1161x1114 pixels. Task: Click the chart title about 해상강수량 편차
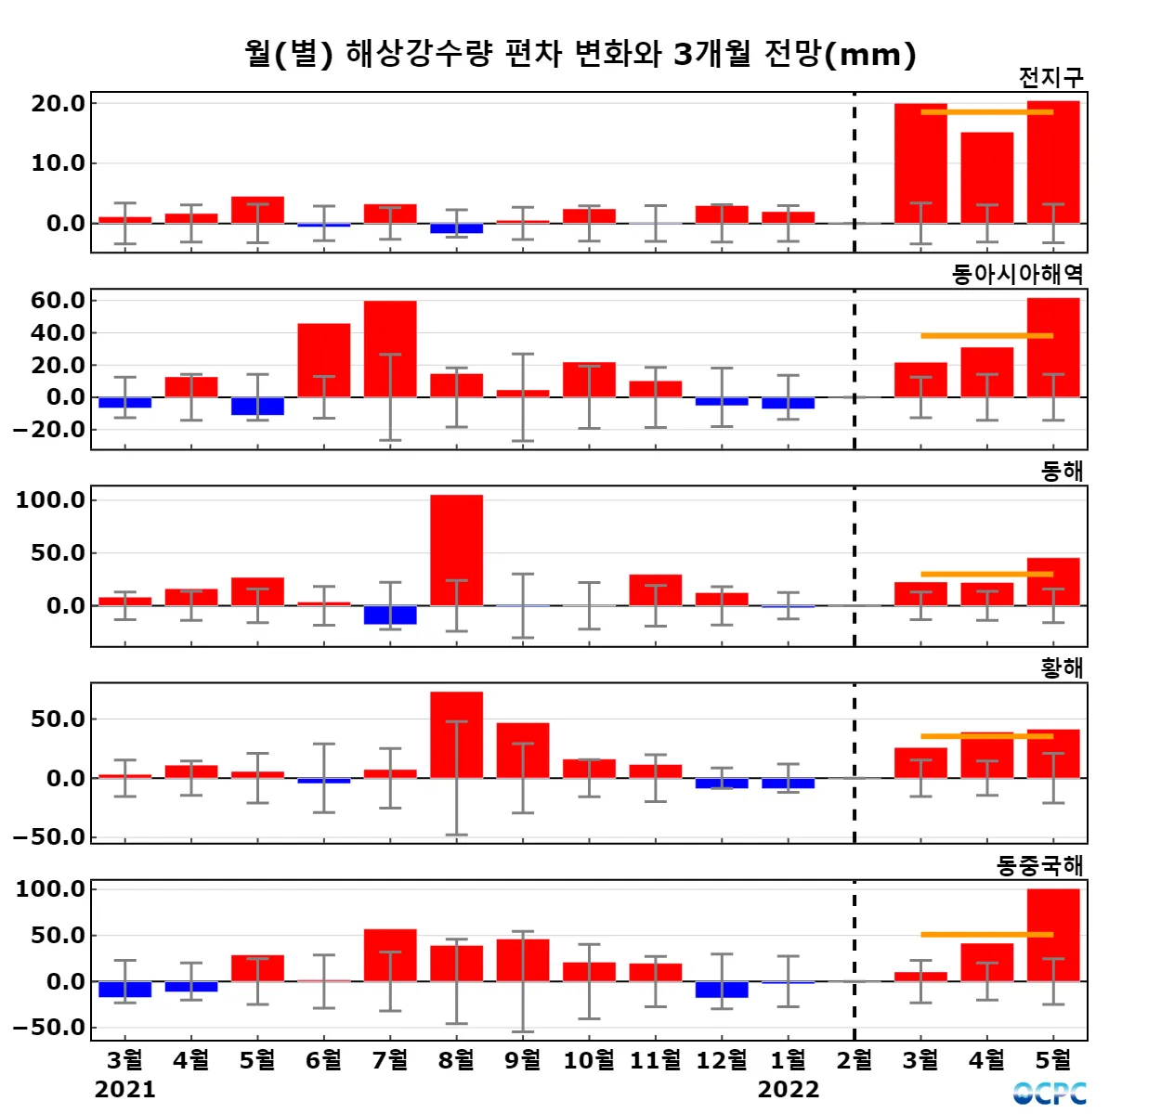(580, 54)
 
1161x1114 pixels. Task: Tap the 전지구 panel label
(1050, 78)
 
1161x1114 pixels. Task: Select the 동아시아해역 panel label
(1017, 274)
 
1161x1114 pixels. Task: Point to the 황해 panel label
(1062, 668)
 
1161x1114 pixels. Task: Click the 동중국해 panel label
(1039, 866)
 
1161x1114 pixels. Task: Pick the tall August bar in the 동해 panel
(456, 550)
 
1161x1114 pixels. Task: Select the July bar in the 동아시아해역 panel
(390, 348)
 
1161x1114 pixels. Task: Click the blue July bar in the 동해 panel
(390, 615)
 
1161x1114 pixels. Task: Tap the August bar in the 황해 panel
(456, 734)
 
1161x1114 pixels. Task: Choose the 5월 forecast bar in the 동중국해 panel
(1053, 935)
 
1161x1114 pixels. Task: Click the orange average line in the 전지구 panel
(986, 112)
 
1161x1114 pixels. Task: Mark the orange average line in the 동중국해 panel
(986, 935)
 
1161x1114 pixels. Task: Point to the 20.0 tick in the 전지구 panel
(58, 104)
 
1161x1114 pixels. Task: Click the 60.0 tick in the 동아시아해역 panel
(58, 301)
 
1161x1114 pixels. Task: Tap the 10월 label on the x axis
(589, 1060)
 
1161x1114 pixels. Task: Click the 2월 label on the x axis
(854, 1060)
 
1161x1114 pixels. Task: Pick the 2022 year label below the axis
(789, 1090)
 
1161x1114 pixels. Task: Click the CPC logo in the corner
(1050, 1094)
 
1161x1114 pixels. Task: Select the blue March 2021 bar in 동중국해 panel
(125, 990)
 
